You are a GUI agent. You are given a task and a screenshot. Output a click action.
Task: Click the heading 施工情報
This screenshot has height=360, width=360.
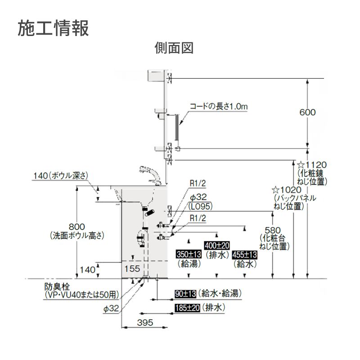[x=53, y=27]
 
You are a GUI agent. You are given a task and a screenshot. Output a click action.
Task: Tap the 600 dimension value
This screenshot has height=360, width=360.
[x=308, y=112]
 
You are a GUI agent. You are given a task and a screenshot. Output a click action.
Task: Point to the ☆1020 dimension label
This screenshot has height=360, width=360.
[x=288, y=189]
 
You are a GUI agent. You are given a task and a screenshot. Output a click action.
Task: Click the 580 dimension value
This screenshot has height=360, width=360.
[x=273, y=230]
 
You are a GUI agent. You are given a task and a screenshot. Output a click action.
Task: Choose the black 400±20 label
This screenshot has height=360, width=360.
[x=217, y=246]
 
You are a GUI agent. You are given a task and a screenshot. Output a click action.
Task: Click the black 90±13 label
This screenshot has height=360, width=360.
[x=185, y=294]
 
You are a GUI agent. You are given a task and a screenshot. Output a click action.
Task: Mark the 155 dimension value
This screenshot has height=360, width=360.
[x=133, y=268]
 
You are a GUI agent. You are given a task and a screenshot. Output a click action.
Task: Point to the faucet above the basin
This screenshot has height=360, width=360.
[x=150, y=173]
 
